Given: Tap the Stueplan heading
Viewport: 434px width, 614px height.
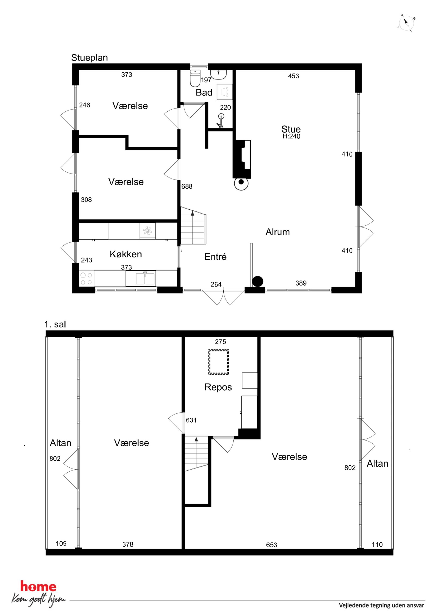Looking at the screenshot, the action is click(89, 58).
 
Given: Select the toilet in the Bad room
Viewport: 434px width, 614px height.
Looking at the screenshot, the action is click(195, 78).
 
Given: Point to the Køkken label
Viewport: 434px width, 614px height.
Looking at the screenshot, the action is click(126, 254).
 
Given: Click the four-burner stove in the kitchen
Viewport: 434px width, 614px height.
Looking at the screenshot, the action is click(86, 278).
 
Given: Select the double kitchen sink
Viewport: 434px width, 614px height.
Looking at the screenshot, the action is click(145, 278).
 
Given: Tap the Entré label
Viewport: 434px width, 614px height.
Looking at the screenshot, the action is click(215, 257).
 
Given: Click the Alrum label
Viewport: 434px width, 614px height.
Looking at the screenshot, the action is click(278, 232).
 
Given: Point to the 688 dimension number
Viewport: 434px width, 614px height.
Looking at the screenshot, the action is click(187, 186).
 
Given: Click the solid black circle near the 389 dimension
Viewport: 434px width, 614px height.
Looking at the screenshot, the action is click(257, 281).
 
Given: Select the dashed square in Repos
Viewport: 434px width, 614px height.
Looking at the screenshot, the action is click(219, 362).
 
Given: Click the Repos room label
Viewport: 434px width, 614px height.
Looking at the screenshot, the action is click(218, 387).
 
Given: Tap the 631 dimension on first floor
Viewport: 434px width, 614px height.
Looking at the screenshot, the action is click(191, 420).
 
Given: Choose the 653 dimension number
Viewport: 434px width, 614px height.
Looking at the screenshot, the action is click(271, 545).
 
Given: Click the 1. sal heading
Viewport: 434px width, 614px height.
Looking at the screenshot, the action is click(55, 324).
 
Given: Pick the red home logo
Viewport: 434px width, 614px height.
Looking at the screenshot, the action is click(38, 587).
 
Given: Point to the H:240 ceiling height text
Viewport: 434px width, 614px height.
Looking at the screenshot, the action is click(291, 136).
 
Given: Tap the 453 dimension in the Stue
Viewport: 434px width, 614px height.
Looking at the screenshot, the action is click(293, 76).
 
